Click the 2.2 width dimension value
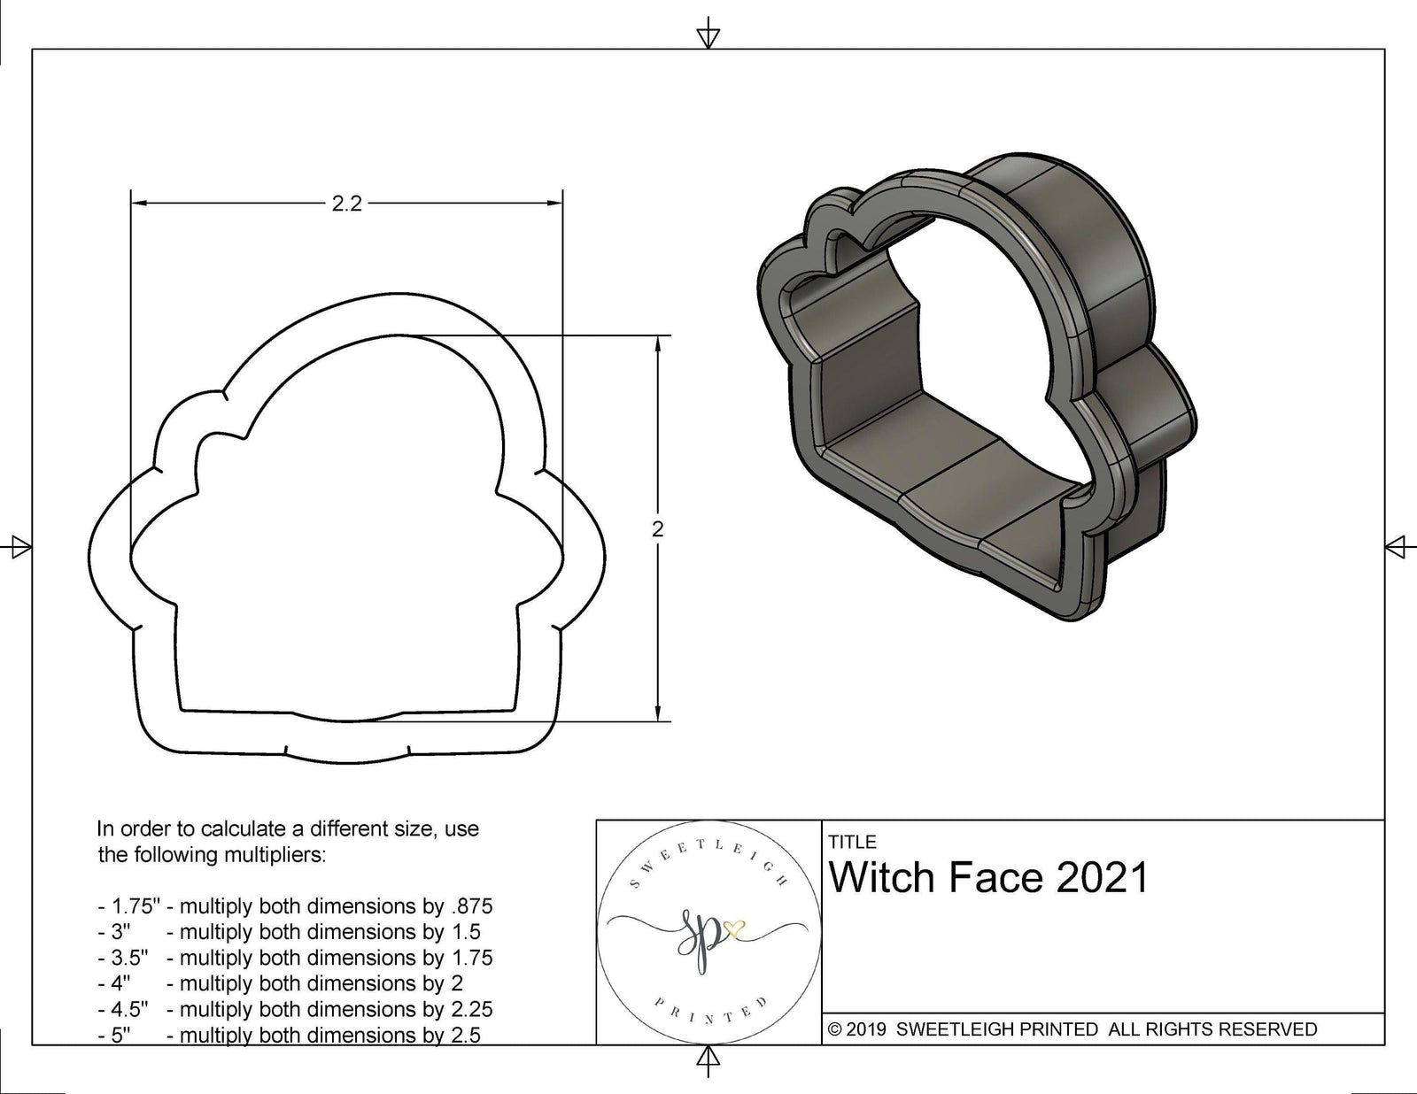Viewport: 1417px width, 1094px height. pyautogui.click(x=346, y=204)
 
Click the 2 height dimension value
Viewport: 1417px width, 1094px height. pyautogui.click(x=657, y=529)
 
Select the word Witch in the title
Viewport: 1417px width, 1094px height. pyautogui.click(x=883, y=878)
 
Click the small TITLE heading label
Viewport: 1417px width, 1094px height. pyautogui.click(x=852, y=842)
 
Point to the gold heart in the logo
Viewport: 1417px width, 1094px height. pyautogui.click(x=734, y=928)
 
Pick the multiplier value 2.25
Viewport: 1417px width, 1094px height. pyautogui.click(x=472, y=1009)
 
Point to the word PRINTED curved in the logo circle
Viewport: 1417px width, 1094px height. pyautogui.click(x=708, y=1016)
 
